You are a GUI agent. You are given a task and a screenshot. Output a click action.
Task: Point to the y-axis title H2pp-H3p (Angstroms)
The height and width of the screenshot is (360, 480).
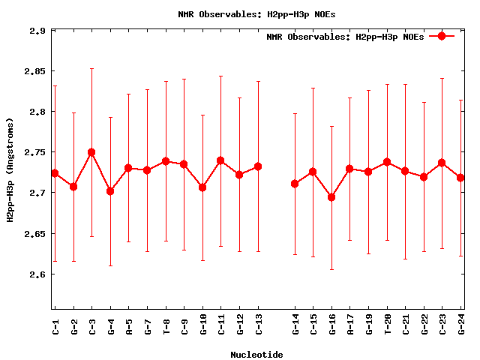pos(10,170)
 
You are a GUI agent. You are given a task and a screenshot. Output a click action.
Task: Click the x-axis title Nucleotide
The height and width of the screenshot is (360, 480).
pos(256,355)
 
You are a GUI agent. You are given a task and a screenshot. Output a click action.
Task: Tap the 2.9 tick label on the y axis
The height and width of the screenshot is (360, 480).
pos(37,31)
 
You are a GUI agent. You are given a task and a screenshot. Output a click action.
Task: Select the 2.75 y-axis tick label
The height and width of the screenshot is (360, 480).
pos(34,152)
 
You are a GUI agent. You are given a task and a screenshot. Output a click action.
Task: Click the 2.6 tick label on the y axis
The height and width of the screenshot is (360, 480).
pos(37,274)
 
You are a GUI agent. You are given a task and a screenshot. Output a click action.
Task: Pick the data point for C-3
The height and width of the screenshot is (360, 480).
pos(91,152)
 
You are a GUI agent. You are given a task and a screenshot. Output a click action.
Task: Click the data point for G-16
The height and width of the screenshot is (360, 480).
pos(331,197)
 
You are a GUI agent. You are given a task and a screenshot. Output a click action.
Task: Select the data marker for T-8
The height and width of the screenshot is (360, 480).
pos(166,161)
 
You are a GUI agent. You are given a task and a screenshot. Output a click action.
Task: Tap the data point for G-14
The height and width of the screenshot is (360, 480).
pos(295,184)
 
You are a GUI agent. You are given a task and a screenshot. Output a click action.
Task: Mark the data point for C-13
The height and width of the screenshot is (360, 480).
pos(258,166)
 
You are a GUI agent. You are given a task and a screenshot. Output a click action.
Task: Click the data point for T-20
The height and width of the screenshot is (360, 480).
pos(387,162)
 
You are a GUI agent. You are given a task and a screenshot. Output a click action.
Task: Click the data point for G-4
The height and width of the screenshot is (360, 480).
pos(110,191)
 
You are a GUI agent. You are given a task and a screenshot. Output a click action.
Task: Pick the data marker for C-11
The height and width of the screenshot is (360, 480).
pos(220,160)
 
